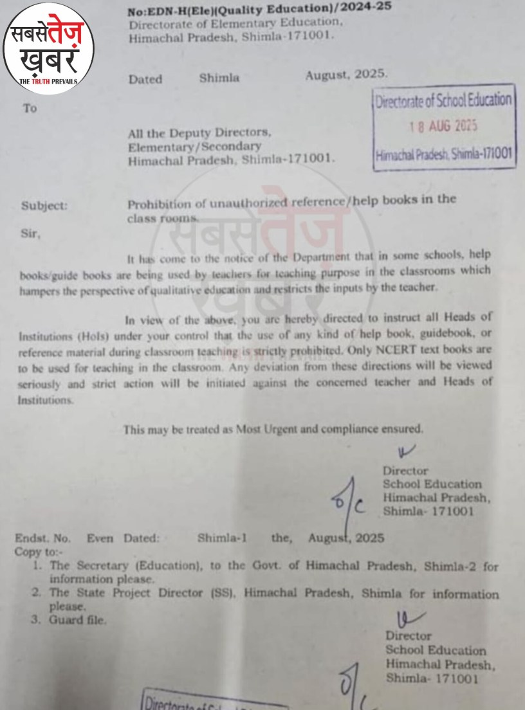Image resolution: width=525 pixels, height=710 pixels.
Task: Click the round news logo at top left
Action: [x=49, y=48]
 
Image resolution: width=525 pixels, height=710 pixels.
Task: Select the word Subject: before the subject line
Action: [x=44, y=206]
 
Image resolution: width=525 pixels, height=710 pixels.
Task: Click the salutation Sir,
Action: [x=30, y=235]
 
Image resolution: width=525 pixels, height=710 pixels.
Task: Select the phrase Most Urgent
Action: [x=264, y=428]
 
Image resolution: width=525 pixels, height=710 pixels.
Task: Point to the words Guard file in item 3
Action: [x=78, y=620]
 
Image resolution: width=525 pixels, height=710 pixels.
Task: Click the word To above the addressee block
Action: [x=30, y=109]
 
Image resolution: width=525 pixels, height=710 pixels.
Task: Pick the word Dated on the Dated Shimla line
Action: [x=145, y=80]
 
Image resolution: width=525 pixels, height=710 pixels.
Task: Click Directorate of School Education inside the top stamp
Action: [x=445, y=100]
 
